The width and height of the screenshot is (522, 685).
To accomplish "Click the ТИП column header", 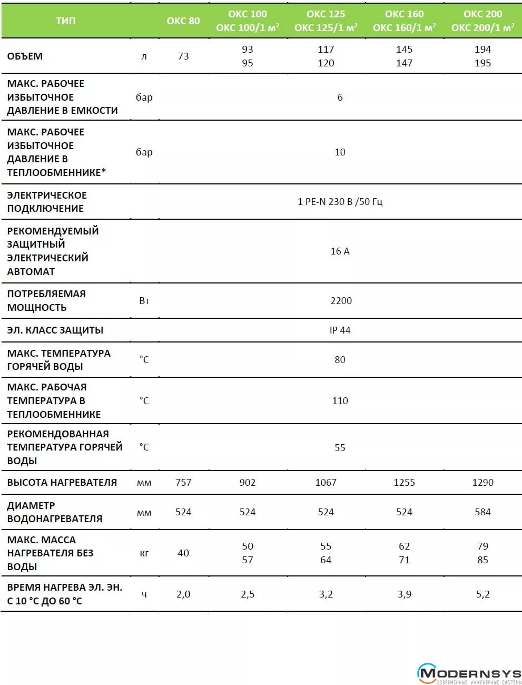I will tap(66, 21).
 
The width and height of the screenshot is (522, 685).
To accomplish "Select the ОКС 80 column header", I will tap(183, 21).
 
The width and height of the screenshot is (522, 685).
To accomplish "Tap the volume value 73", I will tap(183, 56).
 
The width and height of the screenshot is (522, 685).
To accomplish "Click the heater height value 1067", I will tap(326, 482).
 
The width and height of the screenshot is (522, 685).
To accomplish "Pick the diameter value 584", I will tap(482, 512).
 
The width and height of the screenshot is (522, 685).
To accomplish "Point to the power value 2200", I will tap(341, 300).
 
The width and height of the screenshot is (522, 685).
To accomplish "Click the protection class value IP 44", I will tap(340, 330).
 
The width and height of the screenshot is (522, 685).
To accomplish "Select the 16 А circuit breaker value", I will tap(340, 251).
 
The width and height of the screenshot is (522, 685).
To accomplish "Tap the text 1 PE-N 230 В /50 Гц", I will tap(340, 201).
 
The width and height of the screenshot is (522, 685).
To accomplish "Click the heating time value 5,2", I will tap(482, 594).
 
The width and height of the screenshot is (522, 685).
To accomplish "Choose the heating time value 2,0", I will tap(183, 594).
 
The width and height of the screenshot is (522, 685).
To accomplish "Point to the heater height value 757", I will tap(183, 482).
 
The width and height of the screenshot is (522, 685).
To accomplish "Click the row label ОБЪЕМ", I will tap(25, 56).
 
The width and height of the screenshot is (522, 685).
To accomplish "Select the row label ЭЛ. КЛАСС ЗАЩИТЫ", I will tap(55, 330).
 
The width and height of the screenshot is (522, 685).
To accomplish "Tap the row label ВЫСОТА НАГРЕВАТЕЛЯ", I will tap(62, 482).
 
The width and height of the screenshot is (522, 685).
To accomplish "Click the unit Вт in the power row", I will tap(144, 300).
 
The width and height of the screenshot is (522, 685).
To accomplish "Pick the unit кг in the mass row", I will tap(144, 553).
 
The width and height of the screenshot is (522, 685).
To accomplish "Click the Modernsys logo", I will tap(469, 674).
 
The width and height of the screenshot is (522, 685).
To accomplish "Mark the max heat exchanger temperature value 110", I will tap(340, 400).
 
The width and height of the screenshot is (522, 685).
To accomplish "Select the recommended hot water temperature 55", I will tap(340, 447).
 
